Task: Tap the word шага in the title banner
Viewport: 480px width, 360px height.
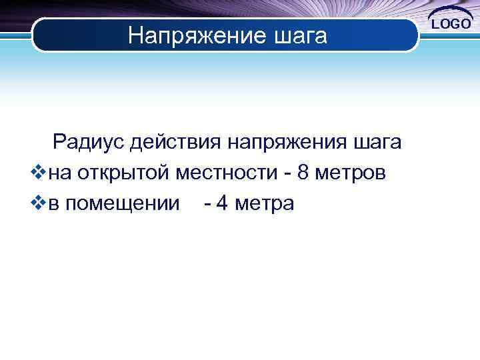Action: pos(299,37)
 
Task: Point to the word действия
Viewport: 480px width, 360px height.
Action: pos(175,143)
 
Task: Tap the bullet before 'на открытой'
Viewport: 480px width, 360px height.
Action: pos(38,173)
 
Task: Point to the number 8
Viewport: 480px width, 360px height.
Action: pos(303,173)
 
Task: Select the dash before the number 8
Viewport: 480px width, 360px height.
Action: pos(285,175)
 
